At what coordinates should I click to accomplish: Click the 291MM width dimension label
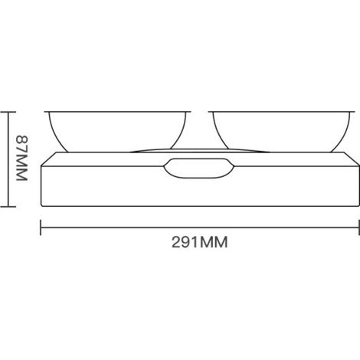pyautogui.click(x=199, y=242)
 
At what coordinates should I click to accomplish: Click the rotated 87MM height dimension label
pyautogui.click(x=22, y=159)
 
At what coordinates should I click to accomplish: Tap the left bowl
pyautogui.click(x=117, y=132)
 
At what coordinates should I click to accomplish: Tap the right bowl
pyautogui.click(x=281, y=132)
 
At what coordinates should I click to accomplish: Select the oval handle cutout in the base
pyautogui.click(x=198, y=168)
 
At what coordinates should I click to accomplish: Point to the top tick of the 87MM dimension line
pyautogui.click(x=8, y=112)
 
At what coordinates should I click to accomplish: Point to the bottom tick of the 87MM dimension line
pyautogui.click(x=8, y=207)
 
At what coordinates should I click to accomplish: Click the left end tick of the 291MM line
pyautogui.click(x=41, y=227)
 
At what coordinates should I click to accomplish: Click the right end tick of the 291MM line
pyautogui.click(x=358, y=227)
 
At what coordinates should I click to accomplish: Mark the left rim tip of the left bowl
pyautogui.click(x=44, y=112)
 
